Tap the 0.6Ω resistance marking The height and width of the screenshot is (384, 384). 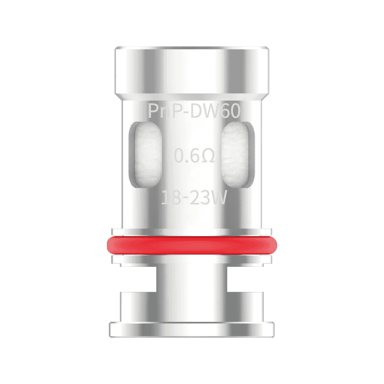pyautogui.click(x=194, y=156)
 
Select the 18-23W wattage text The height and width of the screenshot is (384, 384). pyautogui.click(x=194, y=198)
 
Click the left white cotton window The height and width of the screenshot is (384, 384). pyautogui.click(x=146, y=156)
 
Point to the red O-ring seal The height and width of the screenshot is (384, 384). pyautogui.click(x=192, y=244)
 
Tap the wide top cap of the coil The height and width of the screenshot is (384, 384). pyautogui.click(x=192, y=67)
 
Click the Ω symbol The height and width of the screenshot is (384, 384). pyautogui.click(x=206, y=156)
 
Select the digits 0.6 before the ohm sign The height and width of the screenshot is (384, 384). pyautogui.click(x=186, y=156)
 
